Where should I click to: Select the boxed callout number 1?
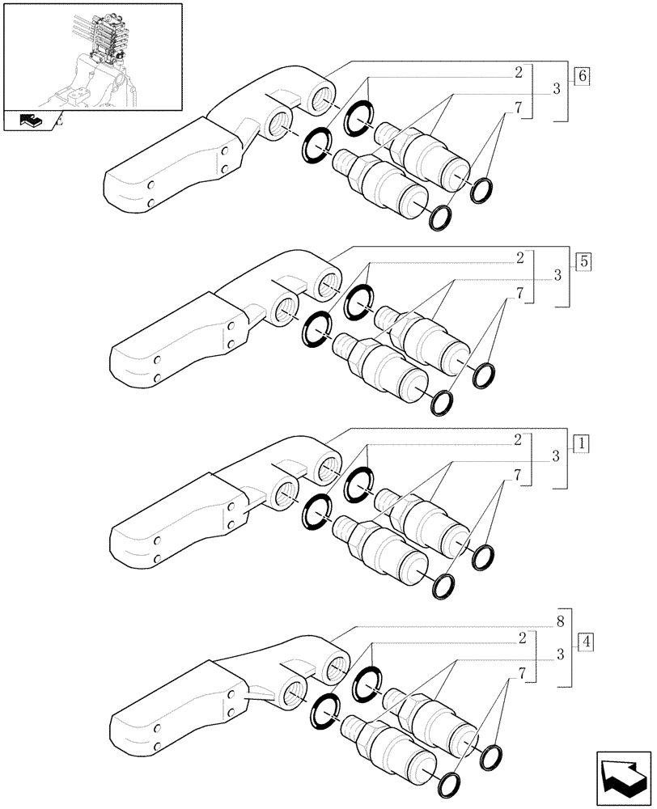pos(582,443)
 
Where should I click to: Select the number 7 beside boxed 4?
pos(523,672)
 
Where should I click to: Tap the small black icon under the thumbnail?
pos(31,122)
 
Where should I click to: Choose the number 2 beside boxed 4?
pos(523,638)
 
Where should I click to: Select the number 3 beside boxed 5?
pos(557,276)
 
